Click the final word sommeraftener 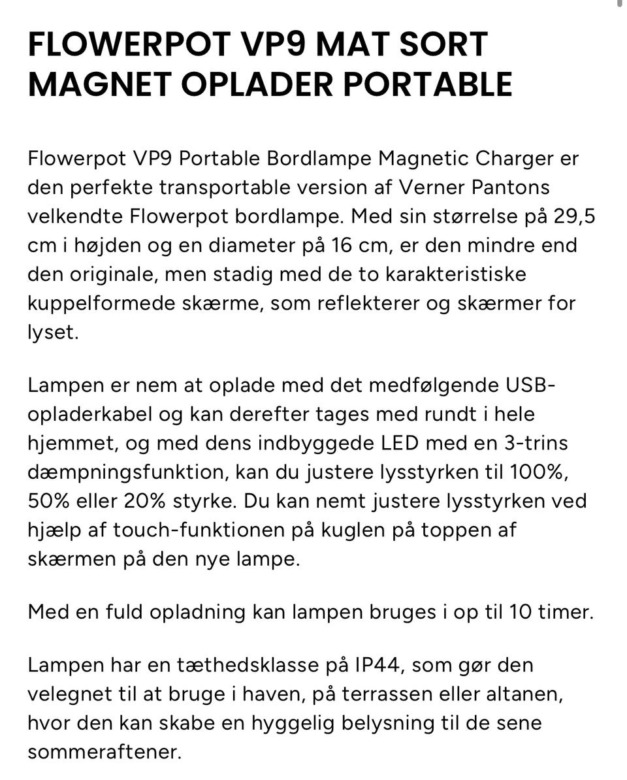click(103, 752)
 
